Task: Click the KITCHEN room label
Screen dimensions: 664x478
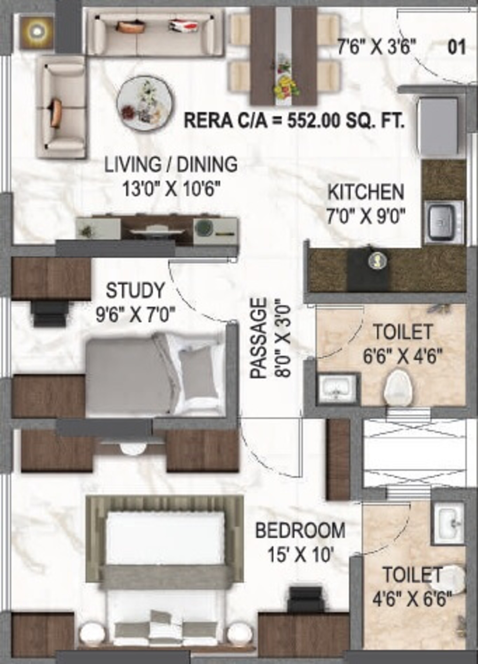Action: [365, 192]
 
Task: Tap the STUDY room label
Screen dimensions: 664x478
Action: [135, 291]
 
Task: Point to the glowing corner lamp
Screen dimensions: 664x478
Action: [37, 31]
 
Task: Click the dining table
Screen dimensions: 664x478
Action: [283, 56]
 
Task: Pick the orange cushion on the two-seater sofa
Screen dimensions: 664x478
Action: [56, 113]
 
